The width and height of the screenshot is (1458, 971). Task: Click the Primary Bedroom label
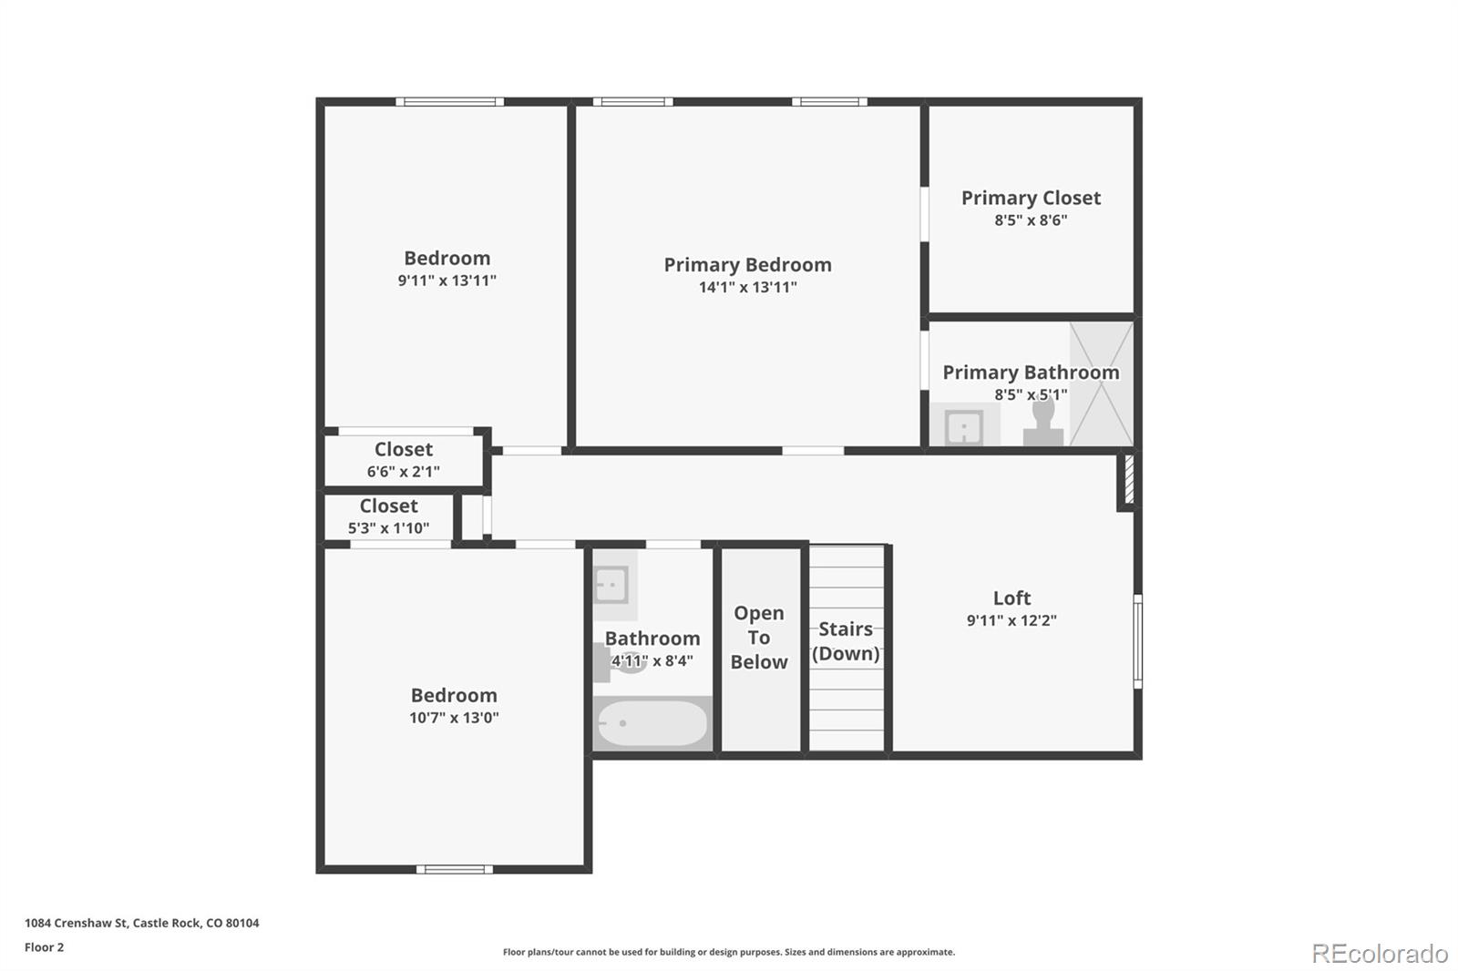coord(747,265)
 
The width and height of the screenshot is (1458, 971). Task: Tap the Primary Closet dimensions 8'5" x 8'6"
coord(1031,220)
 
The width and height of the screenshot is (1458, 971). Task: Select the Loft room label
coord(1011,598)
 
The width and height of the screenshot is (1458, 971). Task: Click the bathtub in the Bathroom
coord(652,723)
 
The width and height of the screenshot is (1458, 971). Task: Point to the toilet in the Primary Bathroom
coord(1043,423)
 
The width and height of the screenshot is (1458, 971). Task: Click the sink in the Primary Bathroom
coord(964,427)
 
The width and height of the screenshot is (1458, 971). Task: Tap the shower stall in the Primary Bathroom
coord(1102,384)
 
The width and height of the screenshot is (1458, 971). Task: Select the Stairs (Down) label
coord(846,641)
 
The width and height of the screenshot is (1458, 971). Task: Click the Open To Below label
coord(759,637)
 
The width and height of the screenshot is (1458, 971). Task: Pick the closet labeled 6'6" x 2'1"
coord(404,460)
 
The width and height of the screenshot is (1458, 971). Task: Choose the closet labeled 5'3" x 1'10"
coord(388,516)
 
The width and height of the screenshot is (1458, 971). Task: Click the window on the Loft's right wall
coord(1138,641)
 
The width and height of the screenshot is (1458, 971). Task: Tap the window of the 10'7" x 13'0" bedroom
coord(455,870)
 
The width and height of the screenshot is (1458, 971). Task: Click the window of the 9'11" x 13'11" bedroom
coord(450,101)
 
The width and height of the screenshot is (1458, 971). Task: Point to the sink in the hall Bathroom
coord(611,585)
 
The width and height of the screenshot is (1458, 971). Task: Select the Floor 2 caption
coord(45,947)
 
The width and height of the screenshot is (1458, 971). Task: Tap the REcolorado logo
coord(1380,954)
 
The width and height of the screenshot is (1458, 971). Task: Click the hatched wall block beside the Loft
coord(1129,480)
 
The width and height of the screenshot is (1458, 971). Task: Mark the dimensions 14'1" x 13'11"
coord(747,287)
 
